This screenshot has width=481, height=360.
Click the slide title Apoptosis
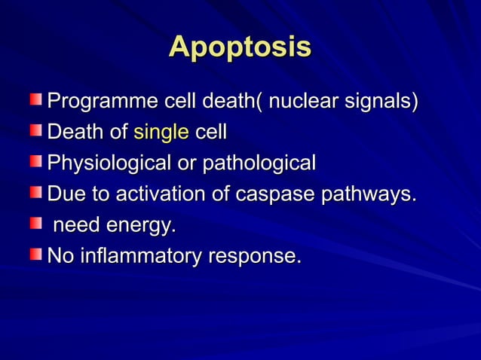click(x=240, y=47)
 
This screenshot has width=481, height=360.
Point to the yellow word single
click(x=161, y=133)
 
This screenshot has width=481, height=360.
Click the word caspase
click(x=277, y=194)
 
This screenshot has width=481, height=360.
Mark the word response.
click(x=254, y=256)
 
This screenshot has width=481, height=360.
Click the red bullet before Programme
click(x=36, y=99)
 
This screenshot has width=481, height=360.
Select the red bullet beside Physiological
click(x=36, y=161)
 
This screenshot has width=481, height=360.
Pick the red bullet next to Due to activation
click(x=36, y=192)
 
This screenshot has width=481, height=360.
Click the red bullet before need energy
click(x=36, y=223)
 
